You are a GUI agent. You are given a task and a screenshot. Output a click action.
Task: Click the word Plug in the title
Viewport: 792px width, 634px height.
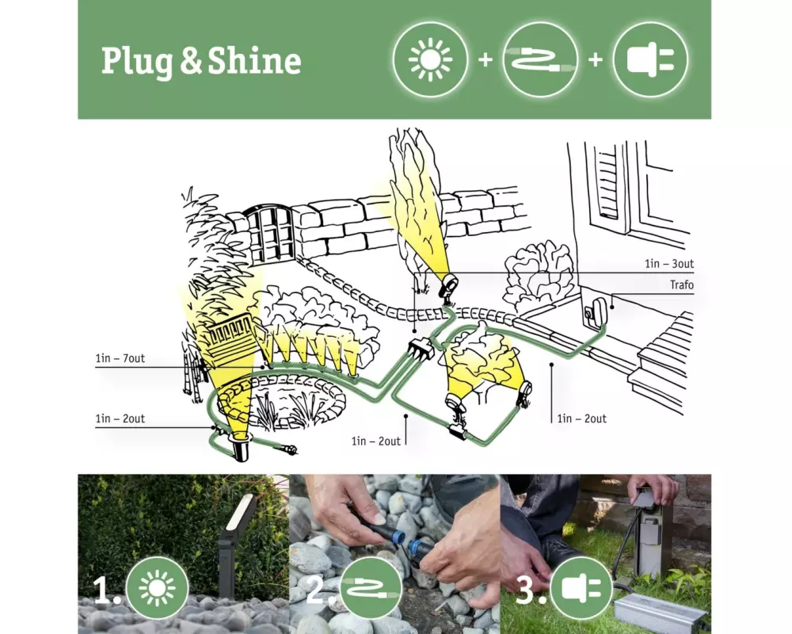click(x=137, y=62)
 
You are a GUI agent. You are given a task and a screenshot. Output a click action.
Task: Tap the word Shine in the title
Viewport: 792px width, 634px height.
click(x=254, y=61)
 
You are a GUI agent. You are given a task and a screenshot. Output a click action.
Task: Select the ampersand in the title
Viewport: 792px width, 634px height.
click(x=190, y=62)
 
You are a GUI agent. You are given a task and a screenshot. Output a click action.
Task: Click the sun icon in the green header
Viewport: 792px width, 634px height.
click(x=430, y=59)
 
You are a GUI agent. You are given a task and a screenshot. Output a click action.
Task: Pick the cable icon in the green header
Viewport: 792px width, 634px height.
click(x=541, y=59)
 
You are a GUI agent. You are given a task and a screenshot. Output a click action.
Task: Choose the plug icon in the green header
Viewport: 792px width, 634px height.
click(x=650, y=59)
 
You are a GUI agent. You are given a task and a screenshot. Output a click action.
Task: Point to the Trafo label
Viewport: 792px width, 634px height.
click(x=681, y=285)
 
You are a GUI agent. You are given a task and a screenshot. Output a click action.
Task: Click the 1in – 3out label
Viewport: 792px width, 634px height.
click(x=668, y=263)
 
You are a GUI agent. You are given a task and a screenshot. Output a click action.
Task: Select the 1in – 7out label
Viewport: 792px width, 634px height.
click(x=120, y=358)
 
